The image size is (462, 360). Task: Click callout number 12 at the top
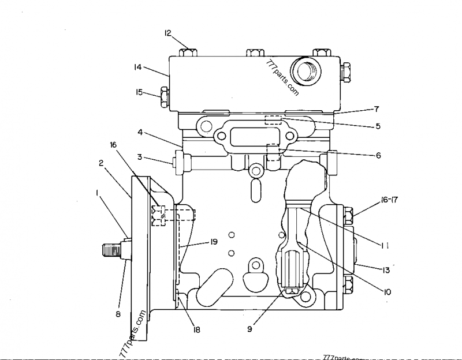(169, 33)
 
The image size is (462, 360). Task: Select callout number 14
(137, 67)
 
